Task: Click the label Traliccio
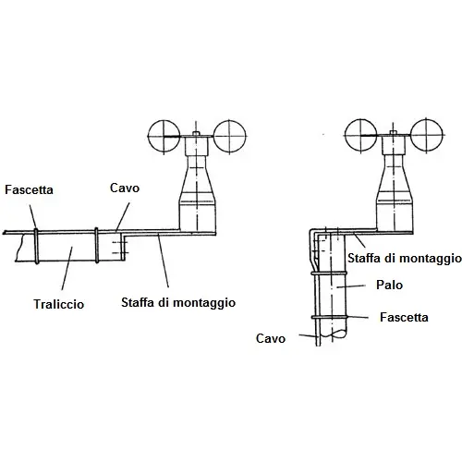pyautogui.click(x=59, y=304)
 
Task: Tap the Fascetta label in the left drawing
pyautogui.click(x=29, y=189)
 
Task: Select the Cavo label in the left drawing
pyautogui.click(x=125, y=188)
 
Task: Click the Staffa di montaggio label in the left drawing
pyautogui.click(x=178, y=303)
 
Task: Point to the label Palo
pyautogui.click(x=389, y=285)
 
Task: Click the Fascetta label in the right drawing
pyautogui.click(x=404, y=317)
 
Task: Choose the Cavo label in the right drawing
pyautogui.click(x=271, y=338)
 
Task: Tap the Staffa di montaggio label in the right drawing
pyautogui.click(x=405, y=258)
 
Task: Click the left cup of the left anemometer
pyautogui.click(x=164, y=136)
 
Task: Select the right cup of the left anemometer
pyautogui.click(x=230, y=136)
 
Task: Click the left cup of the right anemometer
pyautogui.click(x=360, y=136)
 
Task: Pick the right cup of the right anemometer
pyautogui.click(x=427, y=136)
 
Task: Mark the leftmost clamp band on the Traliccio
pyautogui.click(x=36, y=246)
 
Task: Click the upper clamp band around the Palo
pyautogui.click(x=328, y=274)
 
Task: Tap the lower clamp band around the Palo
pyautogui.click(x=329, y=317)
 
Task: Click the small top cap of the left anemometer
pyautogui.click(x=197, y=133)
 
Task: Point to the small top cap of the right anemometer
pyautogui.click(x=393, y=133)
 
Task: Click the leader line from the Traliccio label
pyautogui.click(x=67, y=268)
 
